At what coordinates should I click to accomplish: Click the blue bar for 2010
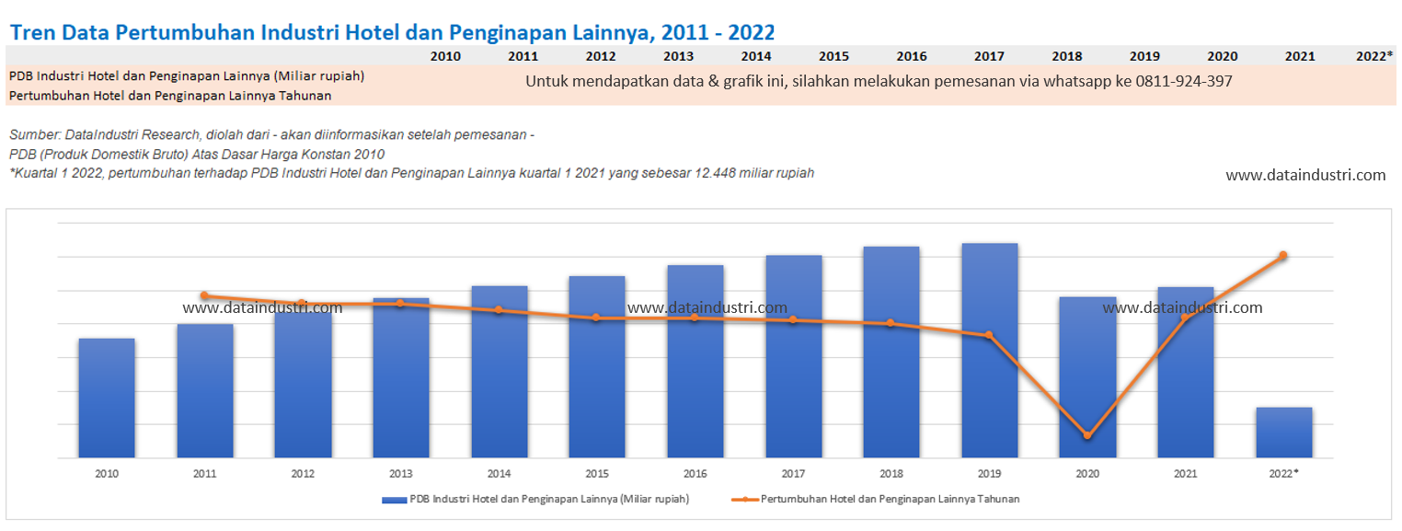tap(107, 398)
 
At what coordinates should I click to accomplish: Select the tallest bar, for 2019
tap(989, 350)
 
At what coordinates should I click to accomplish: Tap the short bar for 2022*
tap(1283, 432)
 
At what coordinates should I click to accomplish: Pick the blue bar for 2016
tap(695, 361)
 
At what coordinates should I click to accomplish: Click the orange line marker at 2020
tap(1087, 435)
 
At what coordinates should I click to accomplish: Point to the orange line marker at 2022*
tap(1283, 255)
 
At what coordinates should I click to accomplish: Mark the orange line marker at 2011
tap(204, 295)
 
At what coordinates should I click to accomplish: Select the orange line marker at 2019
tap(989, 335)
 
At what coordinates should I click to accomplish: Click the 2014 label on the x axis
tap(499, 473)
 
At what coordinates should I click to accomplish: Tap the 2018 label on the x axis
tap(891, 473)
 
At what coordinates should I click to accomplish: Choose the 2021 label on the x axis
tap(1186, 473)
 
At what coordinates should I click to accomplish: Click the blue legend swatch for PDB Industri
tap(394, 499)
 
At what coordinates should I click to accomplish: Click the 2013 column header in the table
tap(678, 56)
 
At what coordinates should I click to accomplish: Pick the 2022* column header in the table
tap(1374, 56)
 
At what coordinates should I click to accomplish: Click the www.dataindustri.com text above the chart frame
tap(1305, 175)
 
